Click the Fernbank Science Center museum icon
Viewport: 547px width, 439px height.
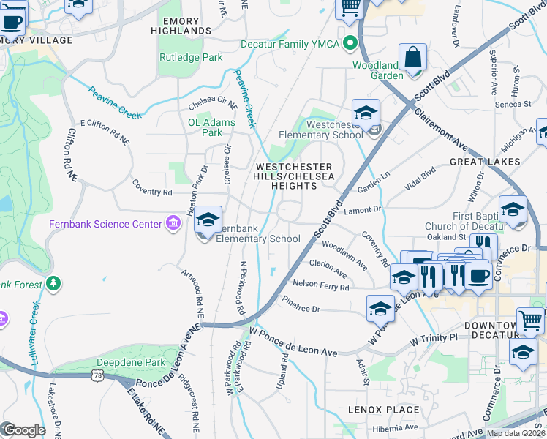click(173, 223)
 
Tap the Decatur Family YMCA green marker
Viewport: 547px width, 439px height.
click(350, 43)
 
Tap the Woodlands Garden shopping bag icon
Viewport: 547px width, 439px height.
click(412, 58)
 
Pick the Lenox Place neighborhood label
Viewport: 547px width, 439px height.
click(383, 410)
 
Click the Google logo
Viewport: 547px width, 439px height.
click(23, 429)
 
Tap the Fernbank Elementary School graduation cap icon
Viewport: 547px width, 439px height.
click(208, 220)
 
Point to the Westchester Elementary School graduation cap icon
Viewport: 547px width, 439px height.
click(366, 113)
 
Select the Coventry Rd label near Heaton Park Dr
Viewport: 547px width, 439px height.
click(152, 192)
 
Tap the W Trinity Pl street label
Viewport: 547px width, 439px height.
click(433, 339)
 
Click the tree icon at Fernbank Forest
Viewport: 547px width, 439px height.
click(53, 282)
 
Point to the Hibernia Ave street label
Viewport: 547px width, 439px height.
click(391, 427)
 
